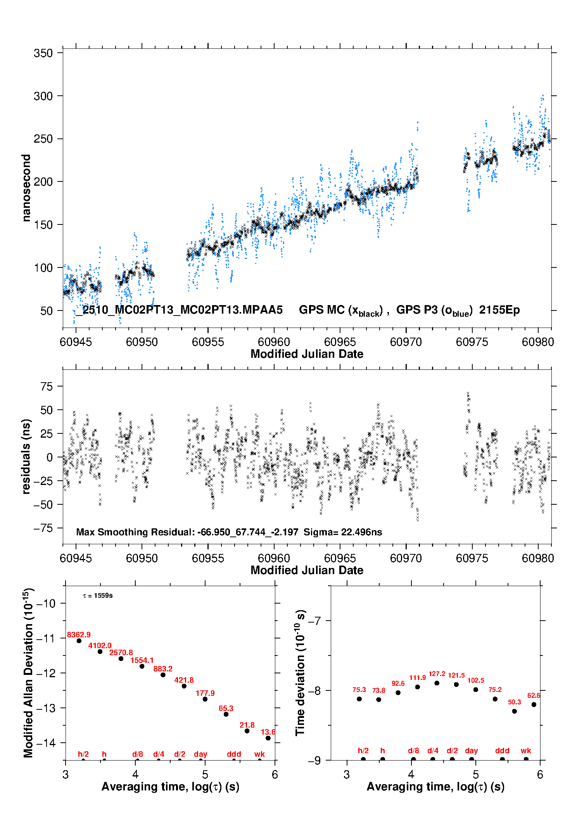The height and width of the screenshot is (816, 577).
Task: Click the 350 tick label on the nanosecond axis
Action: coord(43,53)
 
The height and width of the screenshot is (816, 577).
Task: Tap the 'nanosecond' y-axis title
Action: coord(26,188)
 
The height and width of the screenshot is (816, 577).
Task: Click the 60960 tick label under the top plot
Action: coord(274,342)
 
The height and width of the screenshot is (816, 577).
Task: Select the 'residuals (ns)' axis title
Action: coord(26,456)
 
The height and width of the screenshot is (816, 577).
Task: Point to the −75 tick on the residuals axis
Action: coord(43,528)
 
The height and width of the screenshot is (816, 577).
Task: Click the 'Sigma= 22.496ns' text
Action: coord(343,532)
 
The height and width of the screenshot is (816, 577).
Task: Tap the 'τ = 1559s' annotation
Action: coord(98,595)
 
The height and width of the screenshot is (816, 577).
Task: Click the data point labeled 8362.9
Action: coord(79,641)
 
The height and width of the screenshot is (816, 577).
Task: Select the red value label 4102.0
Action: coord(100,645)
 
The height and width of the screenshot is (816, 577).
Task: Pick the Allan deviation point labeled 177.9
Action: coord(205,699)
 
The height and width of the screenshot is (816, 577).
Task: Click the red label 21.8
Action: coord(247,725)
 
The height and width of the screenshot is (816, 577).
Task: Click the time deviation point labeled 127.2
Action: coord(437,683)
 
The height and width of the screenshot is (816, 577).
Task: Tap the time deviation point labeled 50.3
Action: coord(515,711)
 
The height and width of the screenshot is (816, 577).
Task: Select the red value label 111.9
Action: coord(418,678)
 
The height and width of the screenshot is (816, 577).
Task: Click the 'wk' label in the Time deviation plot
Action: coord(526,750)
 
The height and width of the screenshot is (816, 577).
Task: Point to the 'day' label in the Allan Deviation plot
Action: coord(200,754)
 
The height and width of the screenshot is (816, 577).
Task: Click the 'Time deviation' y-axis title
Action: coord(300,673)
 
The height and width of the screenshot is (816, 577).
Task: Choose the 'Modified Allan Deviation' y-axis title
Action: coord(28,673)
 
